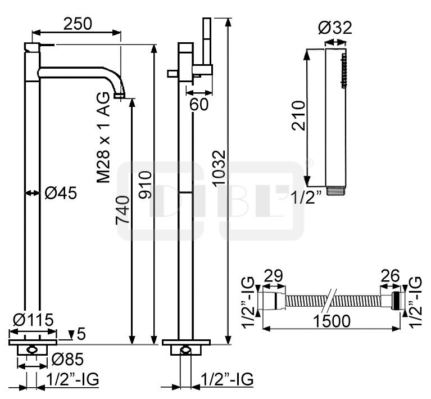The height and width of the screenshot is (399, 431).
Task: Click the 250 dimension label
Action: (78, 24)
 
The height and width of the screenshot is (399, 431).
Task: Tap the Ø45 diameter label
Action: (61, 193)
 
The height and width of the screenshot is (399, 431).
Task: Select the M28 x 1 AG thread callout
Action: (103, 138)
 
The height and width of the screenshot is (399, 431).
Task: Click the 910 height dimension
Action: (145, 185)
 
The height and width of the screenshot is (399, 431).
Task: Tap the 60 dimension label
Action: (199, 104)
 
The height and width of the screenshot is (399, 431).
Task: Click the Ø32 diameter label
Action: (335, 28)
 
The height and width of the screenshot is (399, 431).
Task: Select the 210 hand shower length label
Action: (298, 116)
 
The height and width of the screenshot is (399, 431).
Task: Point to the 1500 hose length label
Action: (332, 321)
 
